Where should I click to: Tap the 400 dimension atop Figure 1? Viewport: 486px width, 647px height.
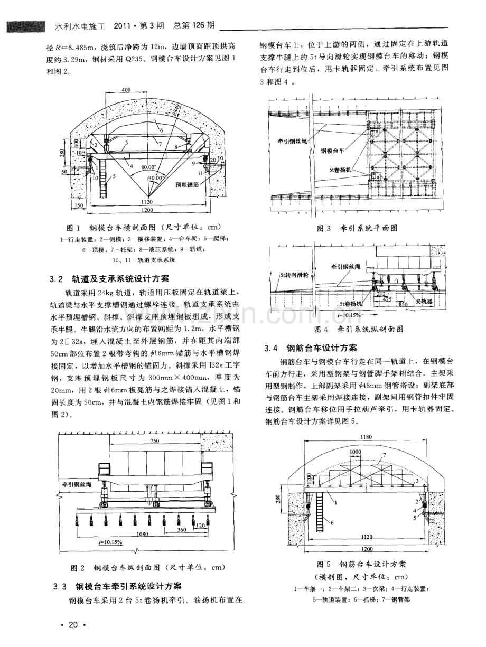tap(126, 90)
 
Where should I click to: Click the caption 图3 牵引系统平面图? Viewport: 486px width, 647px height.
tap(357, 228)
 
